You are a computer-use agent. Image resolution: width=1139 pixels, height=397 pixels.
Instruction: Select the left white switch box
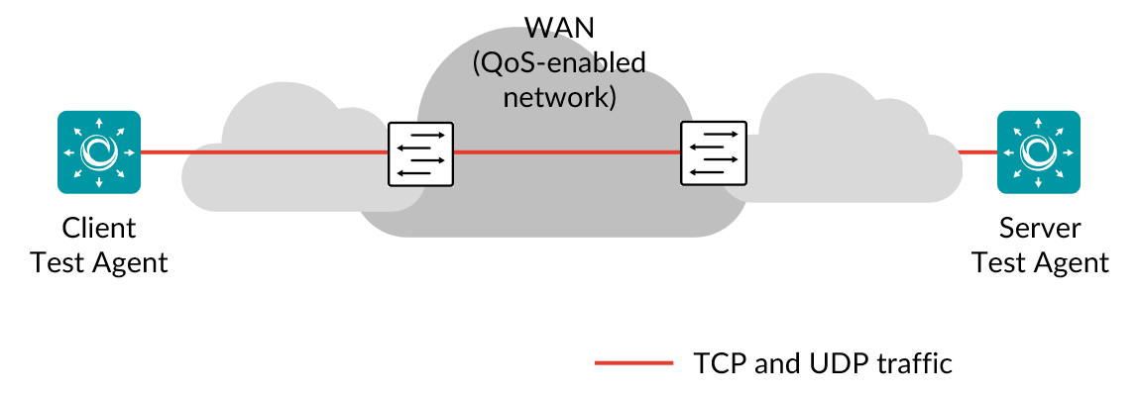tap(420, 153)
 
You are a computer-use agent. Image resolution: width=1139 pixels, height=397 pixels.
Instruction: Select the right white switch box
tap(714, 153)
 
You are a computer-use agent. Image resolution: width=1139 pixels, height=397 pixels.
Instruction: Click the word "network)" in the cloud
tap(559, 97)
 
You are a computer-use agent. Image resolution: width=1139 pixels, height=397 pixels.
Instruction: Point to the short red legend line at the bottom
tap(634, 362)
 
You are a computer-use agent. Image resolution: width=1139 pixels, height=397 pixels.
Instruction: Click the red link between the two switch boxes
tap(567, 152)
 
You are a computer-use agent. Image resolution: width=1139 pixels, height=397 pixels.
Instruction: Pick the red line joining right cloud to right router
tap(977, 152)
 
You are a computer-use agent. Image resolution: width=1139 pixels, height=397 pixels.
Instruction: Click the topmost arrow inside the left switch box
tap(421, 134)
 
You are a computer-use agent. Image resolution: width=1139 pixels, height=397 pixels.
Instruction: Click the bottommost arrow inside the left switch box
tap(419, 173)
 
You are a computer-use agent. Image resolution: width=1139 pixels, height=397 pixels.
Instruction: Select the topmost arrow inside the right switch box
tap(715, 134)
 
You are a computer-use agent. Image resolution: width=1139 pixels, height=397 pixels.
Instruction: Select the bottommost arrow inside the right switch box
tap(713, 173)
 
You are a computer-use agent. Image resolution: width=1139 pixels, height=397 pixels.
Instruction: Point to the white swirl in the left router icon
tap(99, 151)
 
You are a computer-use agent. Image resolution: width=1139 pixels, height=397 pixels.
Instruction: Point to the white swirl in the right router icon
tap(1038, 151)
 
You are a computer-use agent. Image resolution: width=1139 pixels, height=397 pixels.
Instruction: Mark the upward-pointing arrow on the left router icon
tap(99, 123)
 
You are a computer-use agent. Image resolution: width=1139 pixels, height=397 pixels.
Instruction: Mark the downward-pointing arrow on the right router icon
tap(1039, 181)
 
